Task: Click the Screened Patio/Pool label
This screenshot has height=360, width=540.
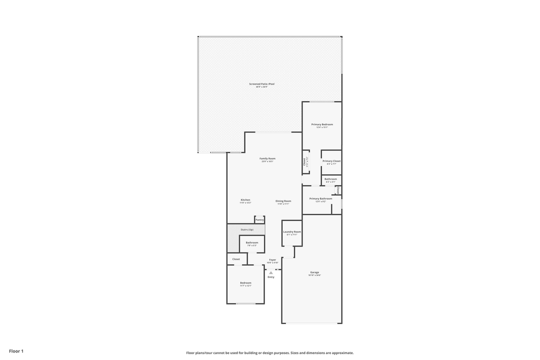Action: click(261, 84)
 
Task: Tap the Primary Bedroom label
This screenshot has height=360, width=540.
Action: click(322, 124)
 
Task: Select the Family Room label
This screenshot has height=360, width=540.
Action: click(267, 158)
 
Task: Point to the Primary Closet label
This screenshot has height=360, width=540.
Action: click(331, 161)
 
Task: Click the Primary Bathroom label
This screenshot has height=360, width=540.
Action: click(320, 198)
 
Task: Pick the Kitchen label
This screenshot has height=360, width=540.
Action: click(245, 200)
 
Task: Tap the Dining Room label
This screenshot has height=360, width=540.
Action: click(283, 201)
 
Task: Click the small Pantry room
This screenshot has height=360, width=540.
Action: click(259, 219)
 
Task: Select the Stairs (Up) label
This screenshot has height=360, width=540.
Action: click(246, 229)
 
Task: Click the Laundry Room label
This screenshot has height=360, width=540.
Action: click(292, 231)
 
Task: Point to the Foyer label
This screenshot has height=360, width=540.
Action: click(272, 259)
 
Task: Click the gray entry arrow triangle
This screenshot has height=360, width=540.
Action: click(271, 272)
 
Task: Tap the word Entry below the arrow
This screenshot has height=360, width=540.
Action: click(271, 277)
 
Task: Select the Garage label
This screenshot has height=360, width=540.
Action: click(314, 272)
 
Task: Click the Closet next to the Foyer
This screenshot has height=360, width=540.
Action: click(236, 259)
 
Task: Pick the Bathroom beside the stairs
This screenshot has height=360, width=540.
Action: click(252, 242)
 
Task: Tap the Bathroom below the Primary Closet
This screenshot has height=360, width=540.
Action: click(330, 179)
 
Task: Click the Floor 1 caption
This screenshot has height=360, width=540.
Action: click(16, 351)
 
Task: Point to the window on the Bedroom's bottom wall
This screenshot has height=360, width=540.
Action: click(245, 303)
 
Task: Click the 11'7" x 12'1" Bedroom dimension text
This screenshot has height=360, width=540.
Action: click(245, 286)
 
